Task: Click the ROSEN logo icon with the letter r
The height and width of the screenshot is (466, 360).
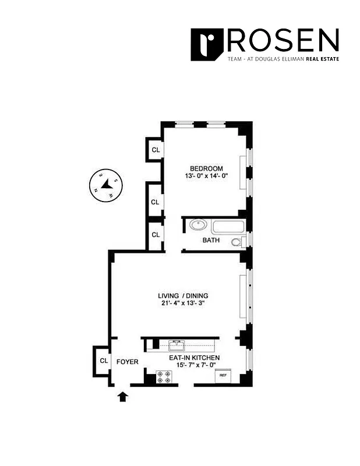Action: click(x=207, y=44)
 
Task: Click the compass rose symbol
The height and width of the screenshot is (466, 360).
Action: click(x=105, y=186)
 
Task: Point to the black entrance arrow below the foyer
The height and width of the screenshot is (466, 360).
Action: click(x=123, y=397)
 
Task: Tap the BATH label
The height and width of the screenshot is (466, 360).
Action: click(x=210, y=240)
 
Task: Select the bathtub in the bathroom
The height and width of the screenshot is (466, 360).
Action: click(x=228, y=227)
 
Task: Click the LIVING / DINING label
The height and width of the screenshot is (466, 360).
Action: click(x=183, y=295)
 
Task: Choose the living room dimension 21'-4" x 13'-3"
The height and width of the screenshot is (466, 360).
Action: click(x=183, y=303)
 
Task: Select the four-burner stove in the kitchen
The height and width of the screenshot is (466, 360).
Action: click(x=164, y=377)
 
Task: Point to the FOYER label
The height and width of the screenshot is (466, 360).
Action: click(x=127, y=362)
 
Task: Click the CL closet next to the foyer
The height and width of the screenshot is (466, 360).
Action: click(x=103, y=361)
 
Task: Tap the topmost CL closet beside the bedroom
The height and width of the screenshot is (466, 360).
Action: click(x=155, y=149)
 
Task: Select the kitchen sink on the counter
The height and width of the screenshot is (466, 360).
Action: click(x=176, y=344)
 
